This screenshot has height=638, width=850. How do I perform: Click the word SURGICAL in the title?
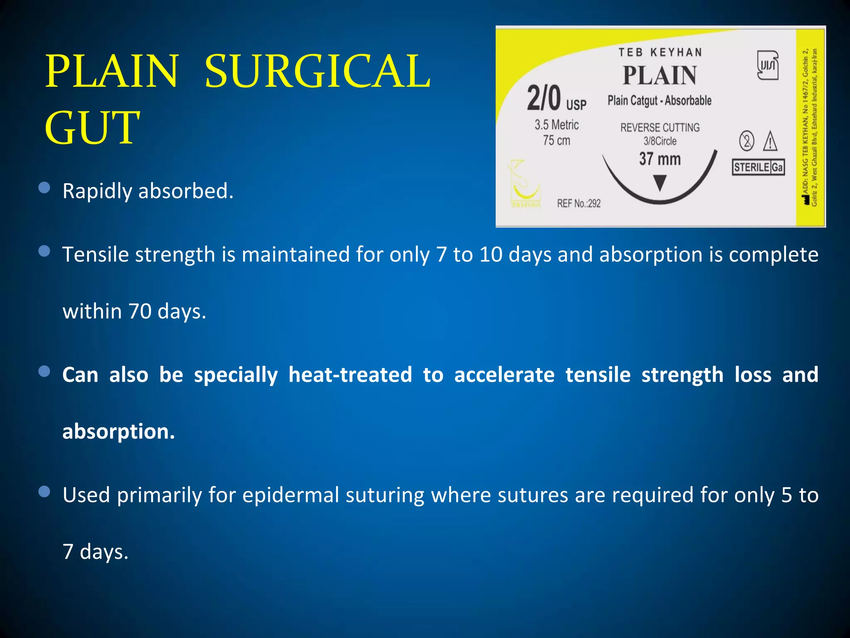pyautogui.click(x=318, y=71)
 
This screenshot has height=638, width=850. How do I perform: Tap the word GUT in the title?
pyautogui.click(x=92, y=128)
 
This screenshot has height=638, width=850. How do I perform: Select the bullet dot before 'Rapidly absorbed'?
pyautogui.click(x=44, y=188)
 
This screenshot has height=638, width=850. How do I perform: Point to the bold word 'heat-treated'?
pyautogui.click(x=350, y=375)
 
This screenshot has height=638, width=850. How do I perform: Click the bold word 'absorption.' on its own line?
pyautogui.click(x=119, y=432)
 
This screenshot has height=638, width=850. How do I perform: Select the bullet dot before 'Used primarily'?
pyautogui.click(x=44, y=492)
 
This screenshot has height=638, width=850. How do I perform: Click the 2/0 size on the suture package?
pyautogui.click(x=544, y=98)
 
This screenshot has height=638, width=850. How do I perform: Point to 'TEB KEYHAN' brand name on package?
pyautogui.click(x=660, y=52)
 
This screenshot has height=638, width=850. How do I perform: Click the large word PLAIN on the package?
pyautogui.click(x=659, y=76)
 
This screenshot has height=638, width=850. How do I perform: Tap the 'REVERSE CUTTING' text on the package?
pyautogui.click(x=660, y=128)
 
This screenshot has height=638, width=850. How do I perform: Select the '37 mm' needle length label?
pyautogui.click(x=660, y=159)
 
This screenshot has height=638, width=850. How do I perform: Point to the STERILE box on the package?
pyautogui.click(x=752, y=167)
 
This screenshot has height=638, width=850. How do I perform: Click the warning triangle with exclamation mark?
pyautogui.click(x=770, y=141)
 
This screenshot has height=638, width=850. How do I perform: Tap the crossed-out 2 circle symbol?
pyautogui.click(x=747, y=141)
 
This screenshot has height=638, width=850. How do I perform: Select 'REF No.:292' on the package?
pyautogui.click(x=579, y=204)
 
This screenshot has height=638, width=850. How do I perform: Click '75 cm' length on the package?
pyautogui.click(x=557, y=140)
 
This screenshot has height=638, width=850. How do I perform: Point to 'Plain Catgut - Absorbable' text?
pyautogui.click(x=659, y=101)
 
